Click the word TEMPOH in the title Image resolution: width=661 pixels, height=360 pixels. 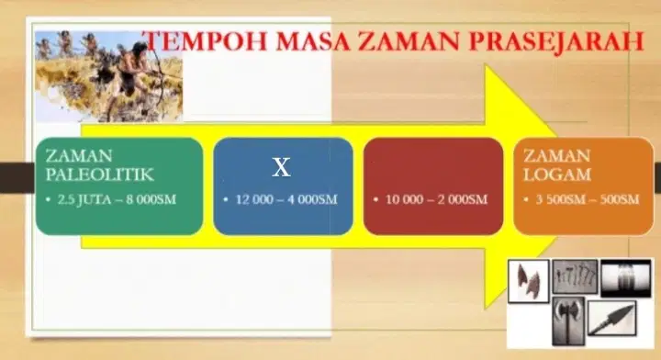(207, 41)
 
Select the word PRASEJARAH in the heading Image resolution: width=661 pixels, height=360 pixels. (556, 41)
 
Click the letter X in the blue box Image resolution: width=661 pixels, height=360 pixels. (281, 167)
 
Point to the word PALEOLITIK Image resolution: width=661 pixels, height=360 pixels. (99, 174)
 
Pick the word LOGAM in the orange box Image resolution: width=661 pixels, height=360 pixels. (557, 174)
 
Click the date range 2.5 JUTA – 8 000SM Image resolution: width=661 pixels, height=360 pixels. (117, 199)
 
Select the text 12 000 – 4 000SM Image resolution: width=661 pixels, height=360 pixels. (286, 199)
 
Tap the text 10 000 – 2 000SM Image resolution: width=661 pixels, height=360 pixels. (436, 199)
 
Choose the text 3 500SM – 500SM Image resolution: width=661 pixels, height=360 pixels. (588, 199)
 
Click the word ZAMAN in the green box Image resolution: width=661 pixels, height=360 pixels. (79, 156)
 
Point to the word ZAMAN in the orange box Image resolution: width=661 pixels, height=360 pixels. (557, 156)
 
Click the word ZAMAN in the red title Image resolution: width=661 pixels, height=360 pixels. (409, 41)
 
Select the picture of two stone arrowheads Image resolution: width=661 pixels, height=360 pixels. (529, 281)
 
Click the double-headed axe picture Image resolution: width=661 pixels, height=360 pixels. (568, 321)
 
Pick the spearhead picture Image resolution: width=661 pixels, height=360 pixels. (611, 319)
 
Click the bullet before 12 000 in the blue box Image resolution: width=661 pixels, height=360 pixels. (226, 199)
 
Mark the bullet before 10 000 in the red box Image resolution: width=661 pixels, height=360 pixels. (375, 199)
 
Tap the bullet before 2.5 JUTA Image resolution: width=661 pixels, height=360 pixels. (49, 199)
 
